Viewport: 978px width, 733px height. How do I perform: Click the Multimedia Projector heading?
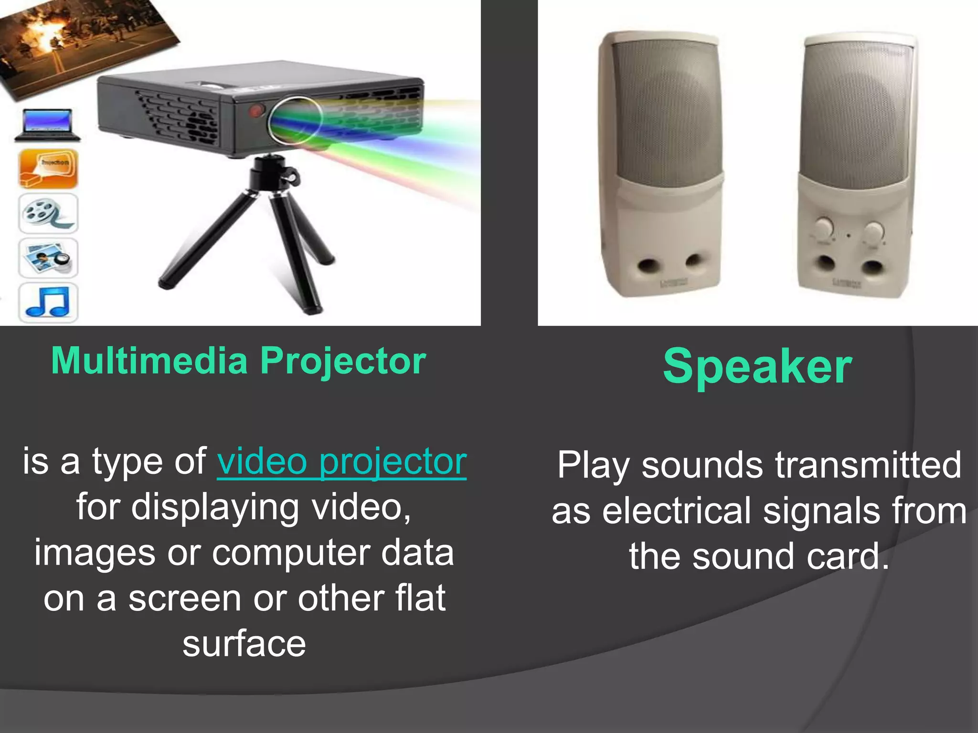[238, 361]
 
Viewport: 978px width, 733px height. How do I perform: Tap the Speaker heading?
[757, 366]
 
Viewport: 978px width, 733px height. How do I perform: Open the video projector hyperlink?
[341, 462]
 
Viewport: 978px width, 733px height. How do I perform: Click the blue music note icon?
[48, 302]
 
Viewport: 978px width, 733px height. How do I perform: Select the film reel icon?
[48, 213]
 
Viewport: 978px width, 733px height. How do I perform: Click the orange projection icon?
[48, 168]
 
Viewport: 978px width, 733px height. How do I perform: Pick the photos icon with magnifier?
[48, 258]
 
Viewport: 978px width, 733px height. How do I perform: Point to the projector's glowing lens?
[295, 120]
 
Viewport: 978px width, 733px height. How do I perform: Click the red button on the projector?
[257, 110]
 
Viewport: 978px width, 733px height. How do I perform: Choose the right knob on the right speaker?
[873, 232]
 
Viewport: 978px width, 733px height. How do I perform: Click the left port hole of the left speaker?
[648, 265]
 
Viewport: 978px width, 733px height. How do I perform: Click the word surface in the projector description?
[244, 644]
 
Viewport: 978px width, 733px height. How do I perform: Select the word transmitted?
[869, 465]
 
